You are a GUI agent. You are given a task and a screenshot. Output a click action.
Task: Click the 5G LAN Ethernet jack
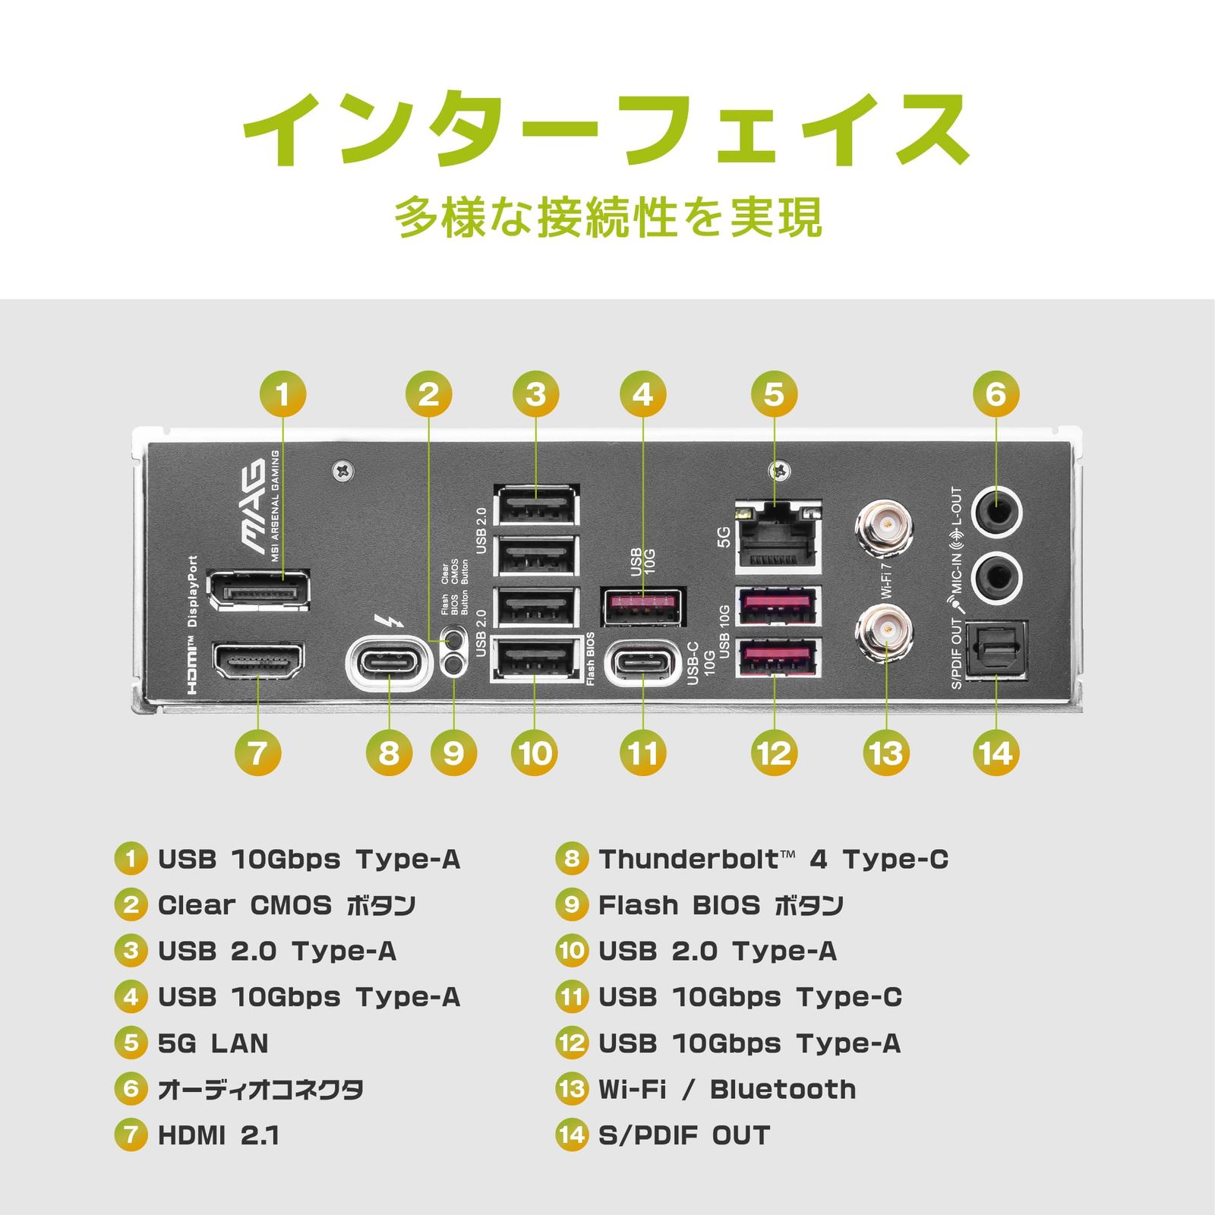click(778, 536)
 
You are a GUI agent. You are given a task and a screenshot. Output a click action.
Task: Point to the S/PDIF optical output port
click(996, 651)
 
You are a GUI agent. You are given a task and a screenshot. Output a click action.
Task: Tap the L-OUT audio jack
click(996, 513)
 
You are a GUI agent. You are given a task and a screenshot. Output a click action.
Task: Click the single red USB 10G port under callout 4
click(642, 606)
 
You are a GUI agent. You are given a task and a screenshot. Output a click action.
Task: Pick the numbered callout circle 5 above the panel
click(774, 394)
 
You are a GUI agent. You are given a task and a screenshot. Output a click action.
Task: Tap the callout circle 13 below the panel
click(886, 753)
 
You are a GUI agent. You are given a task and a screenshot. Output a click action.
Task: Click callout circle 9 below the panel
click(453, 753)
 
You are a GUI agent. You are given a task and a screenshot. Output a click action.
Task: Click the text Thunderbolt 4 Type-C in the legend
click(773, 860)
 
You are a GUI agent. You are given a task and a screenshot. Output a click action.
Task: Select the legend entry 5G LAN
click(213, 1043)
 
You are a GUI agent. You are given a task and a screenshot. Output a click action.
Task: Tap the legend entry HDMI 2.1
click(219, 1135)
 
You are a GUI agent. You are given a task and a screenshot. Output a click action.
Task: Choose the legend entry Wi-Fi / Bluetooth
click(727, 1089)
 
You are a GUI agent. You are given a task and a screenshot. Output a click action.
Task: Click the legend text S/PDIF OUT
click(684, 1135)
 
